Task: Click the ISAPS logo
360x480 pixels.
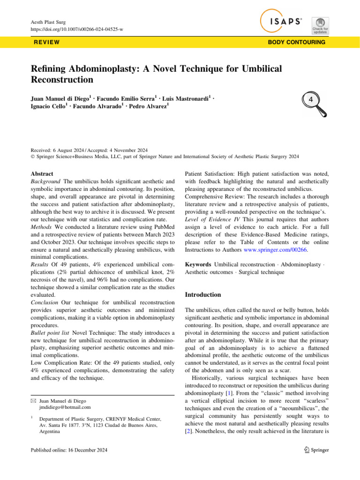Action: tap(281, 22)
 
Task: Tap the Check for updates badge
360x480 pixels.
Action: tap(320, 25)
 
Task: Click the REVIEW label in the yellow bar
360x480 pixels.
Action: tap(46, 42)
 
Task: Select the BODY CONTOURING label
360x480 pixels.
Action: tap(296, 42)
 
